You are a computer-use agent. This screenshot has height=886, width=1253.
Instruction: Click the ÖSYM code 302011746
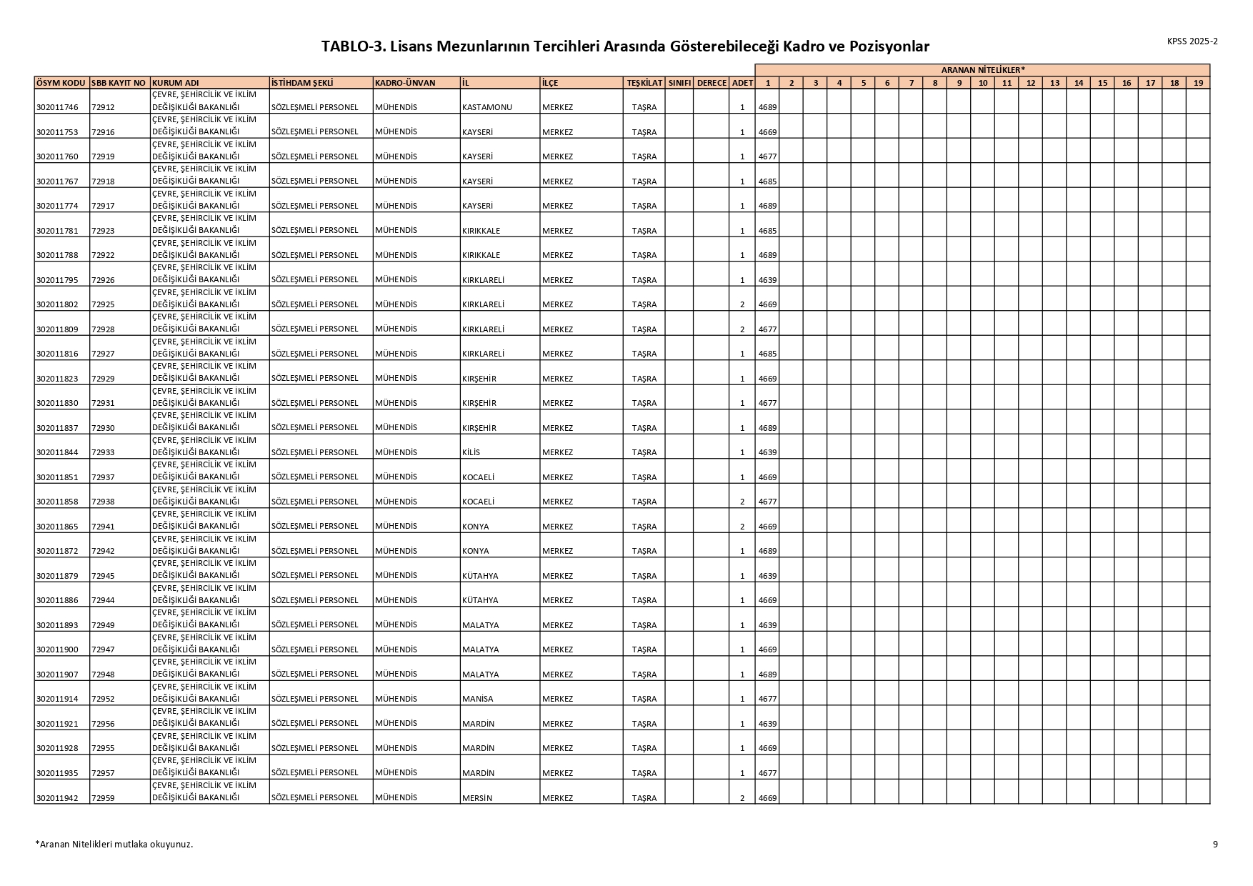(57, 107)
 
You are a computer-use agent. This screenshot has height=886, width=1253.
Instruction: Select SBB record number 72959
(103, 798)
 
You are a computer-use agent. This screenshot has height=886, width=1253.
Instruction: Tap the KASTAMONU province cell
(487, 107)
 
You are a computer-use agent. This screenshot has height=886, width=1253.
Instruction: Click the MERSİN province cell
(477, 798)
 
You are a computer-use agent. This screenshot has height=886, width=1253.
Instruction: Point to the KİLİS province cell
(471, 452)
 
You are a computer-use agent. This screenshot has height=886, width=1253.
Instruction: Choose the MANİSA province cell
(478, 699)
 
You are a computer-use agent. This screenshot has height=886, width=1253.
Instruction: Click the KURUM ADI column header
(176, 83)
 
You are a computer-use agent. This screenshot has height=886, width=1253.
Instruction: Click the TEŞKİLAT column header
(644, 83)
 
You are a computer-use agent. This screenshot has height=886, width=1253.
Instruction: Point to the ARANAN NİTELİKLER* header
(982, 70)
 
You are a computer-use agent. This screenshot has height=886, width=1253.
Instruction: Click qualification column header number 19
(1198, 83)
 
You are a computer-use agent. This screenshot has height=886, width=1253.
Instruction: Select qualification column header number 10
(983, 83)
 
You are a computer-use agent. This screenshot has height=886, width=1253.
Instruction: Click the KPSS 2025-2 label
(1192, 41)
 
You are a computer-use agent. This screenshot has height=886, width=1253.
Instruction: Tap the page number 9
(1215, 844)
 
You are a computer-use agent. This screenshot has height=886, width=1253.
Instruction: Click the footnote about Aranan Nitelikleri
(114, 844)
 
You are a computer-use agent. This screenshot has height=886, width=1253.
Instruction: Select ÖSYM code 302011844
(57, 452)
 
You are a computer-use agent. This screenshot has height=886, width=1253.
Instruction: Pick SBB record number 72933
(103, 452)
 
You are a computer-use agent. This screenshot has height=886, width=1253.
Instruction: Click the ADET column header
(742, 83)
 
